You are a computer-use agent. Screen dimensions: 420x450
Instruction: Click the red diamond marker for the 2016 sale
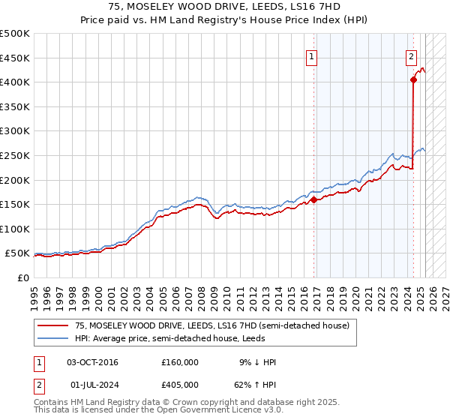coord(313,199)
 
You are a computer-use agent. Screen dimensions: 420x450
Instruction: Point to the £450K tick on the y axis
coord(15,58)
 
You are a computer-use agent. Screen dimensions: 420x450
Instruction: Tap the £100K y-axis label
coord(15,229)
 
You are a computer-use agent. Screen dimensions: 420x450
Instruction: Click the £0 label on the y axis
coord(22,277)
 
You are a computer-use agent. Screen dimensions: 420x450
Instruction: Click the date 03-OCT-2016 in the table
coord(92,362)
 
